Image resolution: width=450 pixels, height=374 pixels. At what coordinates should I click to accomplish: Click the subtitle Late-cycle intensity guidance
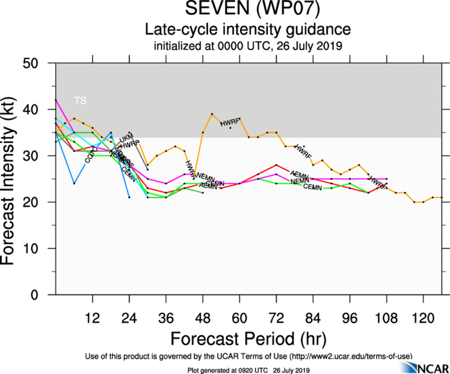click(x=248, y=30)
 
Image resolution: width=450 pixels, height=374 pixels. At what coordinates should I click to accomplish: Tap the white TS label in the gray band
click(x=80, y=100)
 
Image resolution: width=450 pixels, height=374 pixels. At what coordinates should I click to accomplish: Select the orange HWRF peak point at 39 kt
click(x=212, y=114)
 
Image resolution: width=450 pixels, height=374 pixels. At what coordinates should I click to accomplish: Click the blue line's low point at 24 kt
click(x=75, y=183)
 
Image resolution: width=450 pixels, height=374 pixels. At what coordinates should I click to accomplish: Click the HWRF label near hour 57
click(x=230, y=122)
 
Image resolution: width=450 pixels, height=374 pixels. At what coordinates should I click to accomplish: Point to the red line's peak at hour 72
click(x=276, y=165)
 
